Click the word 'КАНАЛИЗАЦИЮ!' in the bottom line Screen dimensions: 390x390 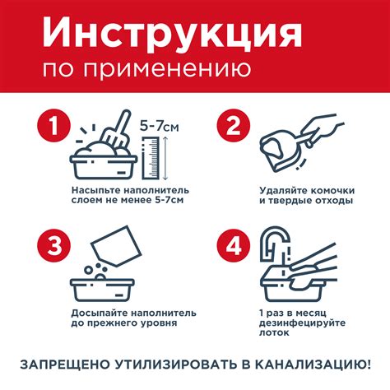(x=313, y=363)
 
